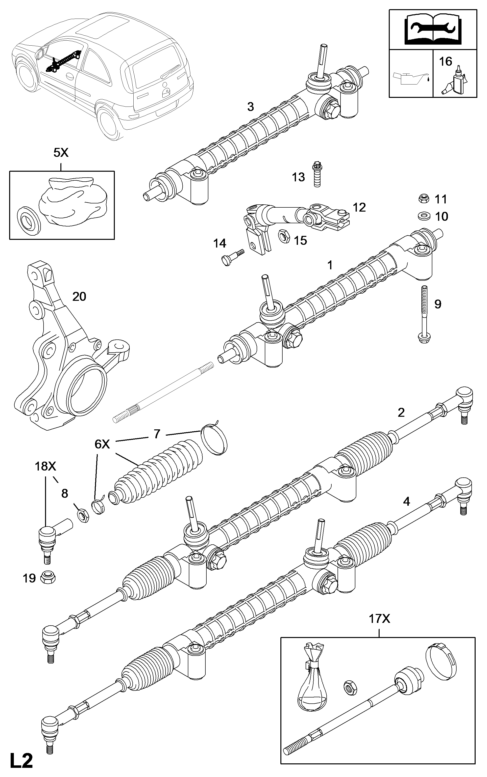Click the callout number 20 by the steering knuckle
point(79,297)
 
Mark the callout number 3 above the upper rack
point(251,107)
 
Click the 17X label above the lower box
point(379,619)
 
